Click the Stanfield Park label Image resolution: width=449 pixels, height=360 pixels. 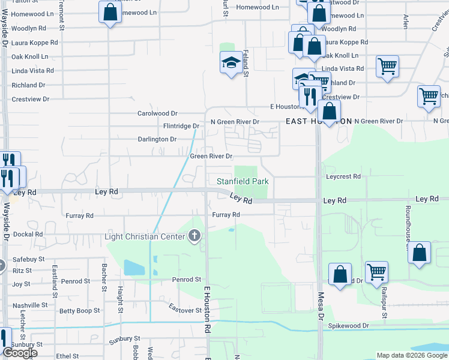click(243, 181)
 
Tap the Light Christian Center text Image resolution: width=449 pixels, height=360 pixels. click(145, 236)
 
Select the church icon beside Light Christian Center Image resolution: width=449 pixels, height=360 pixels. click(194, 236)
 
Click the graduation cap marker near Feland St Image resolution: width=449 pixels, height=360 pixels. click(231, 63)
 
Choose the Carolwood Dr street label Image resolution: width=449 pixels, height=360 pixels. click(158, 113)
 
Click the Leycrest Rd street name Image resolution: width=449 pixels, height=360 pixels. click(343, 177)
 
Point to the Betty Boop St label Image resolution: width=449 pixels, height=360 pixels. click(79, 311)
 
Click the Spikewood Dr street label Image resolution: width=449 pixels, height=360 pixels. click(349, 326)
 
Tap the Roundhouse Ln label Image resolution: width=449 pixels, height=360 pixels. click(407, 227)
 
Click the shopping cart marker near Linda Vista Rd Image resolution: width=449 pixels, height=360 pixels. click(388, 66)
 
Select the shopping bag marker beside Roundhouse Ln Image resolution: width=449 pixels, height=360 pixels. click(419, 253)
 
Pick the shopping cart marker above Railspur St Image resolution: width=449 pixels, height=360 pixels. click(376, 272)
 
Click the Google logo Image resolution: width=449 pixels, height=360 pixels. click(20, 353)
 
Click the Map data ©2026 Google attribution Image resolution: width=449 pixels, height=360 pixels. click(411, 355)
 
